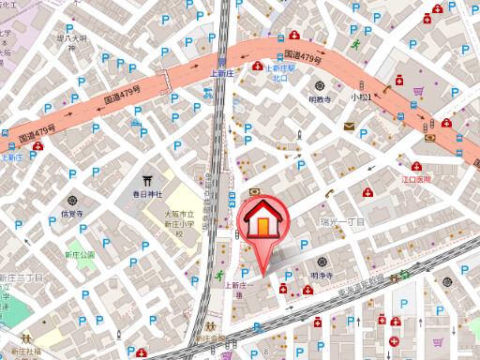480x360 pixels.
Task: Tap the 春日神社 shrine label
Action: (x=147, y=194)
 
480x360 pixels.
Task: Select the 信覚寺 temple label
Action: (x=72, y=214)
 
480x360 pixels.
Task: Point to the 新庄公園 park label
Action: (x=80, y=254)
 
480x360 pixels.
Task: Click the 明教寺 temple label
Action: (x=320, y=98)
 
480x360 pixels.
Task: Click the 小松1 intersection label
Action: (x=361, y=96)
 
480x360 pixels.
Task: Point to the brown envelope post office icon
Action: (x=349, y=126)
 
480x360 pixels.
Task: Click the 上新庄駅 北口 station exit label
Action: (x=281, y=72)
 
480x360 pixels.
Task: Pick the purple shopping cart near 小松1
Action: (x=418, y=92)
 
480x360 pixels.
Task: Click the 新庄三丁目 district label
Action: (x=21, y=278)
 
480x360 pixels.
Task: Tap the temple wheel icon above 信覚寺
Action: (x=72, y=200)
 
